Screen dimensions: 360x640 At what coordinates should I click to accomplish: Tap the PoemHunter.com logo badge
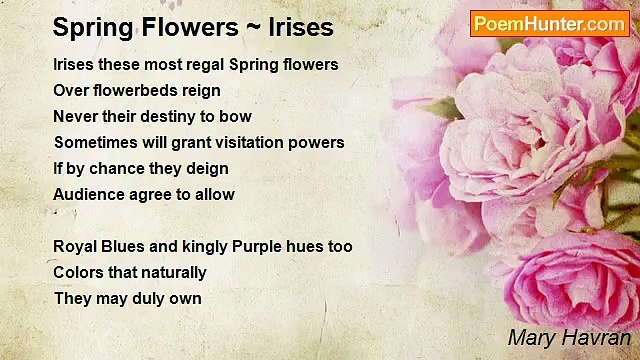point(549,24)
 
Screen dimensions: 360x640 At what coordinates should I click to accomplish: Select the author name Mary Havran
point(568,337)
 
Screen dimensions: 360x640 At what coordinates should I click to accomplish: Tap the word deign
point(205,169)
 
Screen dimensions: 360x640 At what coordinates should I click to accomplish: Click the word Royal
point(75,247)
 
